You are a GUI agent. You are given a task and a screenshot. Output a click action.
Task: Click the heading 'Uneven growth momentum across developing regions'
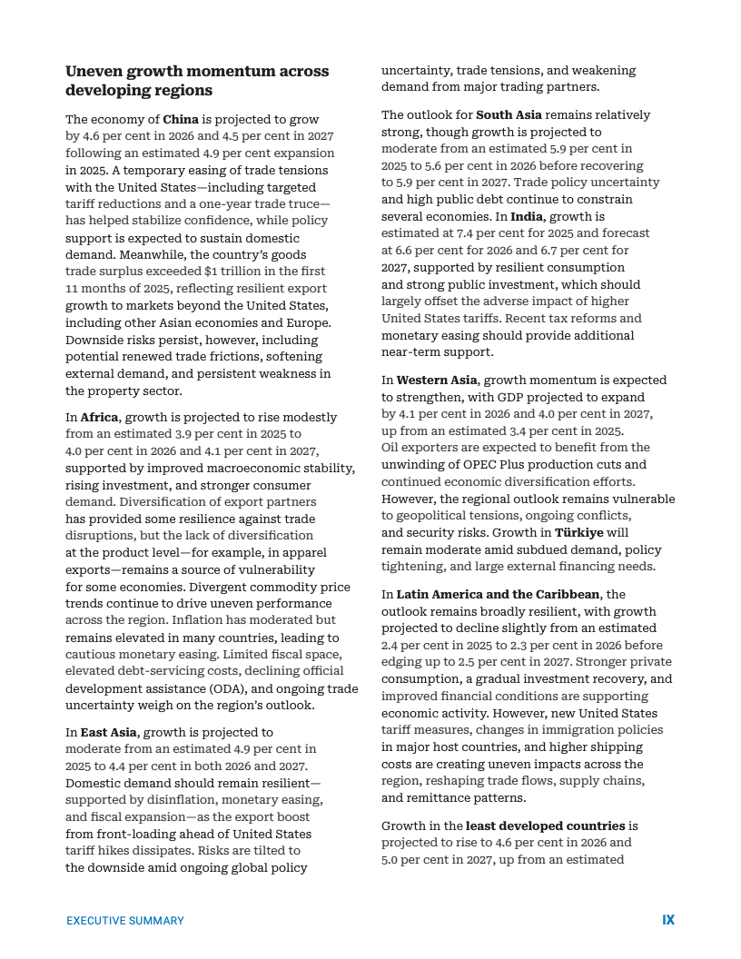pyautogui.click(x=197, y=81)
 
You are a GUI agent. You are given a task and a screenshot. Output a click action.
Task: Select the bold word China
pyautogui.click(x=181, y=119)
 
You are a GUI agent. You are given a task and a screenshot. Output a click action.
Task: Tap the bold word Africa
pyautogui.click(x=99, y=418)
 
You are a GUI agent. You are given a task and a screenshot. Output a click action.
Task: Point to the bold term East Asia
pyautogui.click(x=109, y=732)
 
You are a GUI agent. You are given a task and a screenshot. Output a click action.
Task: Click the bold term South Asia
pyautogui.click(x=509, y=115)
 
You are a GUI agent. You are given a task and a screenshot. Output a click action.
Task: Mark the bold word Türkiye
pyautogui.click(x=578, y=533)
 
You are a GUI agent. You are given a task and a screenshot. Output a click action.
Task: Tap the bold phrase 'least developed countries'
pyautogui.click(x=545, y=826)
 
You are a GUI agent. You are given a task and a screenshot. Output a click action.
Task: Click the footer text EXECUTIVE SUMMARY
pyautogui.click(x=125, y=921)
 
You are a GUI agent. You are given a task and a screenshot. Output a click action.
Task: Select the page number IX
pyautogui.click(x=668, y=920)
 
